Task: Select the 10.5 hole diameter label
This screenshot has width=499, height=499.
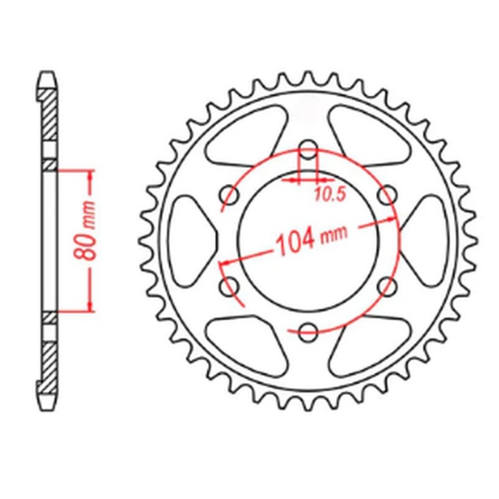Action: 329,195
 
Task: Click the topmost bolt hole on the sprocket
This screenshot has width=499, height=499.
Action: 308,150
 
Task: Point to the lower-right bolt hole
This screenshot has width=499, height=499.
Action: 387,287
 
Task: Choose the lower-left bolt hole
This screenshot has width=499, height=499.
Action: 229,287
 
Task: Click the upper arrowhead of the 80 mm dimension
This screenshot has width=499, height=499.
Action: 91,175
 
